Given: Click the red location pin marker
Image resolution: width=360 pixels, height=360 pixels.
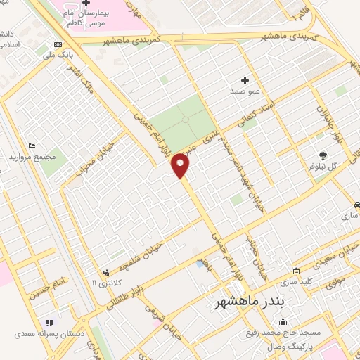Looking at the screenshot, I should (181, 165).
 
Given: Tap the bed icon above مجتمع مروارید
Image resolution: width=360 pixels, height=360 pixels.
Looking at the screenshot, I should (32, 146).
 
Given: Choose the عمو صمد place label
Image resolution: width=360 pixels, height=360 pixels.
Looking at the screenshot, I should (245, 91).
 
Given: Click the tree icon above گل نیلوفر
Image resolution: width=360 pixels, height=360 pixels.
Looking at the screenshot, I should (323, 155).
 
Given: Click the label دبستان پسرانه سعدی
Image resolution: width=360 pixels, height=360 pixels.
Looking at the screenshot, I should (50, 334).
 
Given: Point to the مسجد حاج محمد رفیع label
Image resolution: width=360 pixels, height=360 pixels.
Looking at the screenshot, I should (285, 333).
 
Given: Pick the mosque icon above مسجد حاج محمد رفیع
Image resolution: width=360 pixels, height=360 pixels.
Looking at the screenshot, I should (284, 322).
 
